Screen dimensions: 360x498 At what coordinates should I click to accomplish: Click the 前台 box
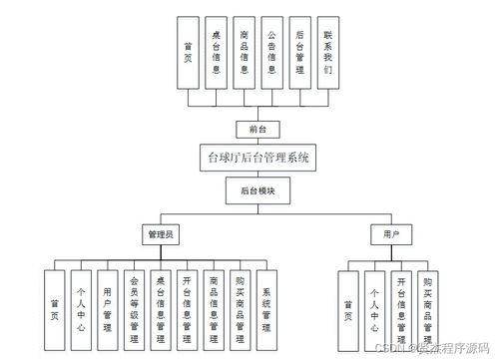pyautogui.click(x=256, y=129)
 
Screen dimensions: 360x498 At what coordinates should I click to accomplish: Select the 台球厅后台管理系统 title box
pyautogui.click(x=256, y=157)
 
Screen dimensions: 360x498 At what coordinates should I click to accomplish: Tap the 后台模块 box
pyautogui.click(x=256, y=190)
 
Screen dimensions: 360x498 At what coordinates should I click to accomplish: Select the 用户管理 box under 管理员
pyautogui.click(x=109, y=308)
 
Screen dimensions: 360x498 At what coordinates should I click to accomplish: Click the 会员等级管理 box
pyautogui.click(x=135, y=308)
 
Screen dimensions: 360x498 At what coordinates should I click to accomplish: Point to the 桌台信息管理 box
pyautogui.click(x=161, y=308)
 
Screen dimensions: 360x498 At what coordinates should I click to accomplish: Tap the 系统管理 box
pyautogui.click(x=265, y=308)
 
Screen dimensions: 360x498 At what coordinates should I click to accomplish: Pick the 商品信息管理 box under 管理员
pyautogui.click(x=214, y=308)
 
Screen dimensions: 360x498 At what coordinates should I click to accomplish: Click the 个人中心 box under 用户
pyautogui.click(x=374, y=308)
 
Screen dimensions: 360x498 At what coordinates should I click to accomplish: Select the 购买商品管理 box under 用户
pyautogui.click(x=426, y=308)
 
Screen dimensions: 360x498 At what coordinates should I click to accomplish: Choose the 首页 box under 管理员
pyautogui.click(x=56, y=308)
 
